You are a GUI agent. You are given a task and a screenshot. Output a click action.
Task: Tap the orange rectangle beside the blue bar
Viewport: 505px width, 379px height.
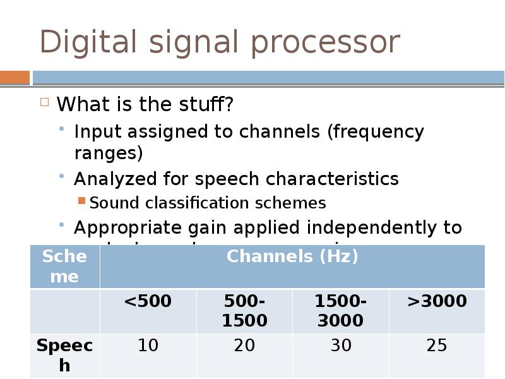coord(15,78)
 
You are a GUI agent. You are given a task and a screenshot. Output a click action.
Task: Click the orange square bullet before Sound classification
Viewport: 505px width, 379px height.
coord(81,202)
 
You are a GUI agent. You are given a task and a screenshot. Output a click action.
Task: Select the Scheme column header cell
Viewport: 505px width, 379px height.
coord(64,266)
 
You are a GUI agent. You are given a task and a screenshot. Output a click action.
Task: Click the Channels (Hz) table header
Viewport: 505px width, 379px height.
coord(292,256)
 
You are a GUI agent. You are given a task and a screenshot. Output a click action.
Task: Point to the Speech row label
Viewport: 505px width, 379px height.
coord(64,355)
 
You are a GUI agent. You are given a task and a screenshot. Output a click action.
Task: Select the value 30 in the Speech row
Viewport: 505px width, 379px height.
coord(340,346)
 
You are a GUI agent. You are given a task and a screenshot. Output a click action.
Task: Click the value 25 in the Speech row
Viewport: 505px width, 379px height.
coord(437,346)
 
